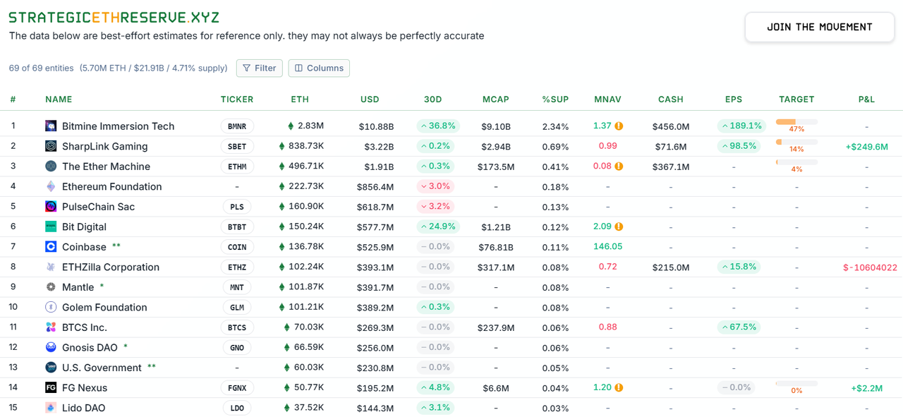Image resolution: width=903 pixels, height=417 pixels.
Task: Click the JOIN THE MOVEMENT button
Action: pyautogui.click(x=820, y=28)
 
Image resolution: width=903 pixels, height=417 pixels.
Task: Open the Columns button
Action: pyautogui.click(x=319, y=68)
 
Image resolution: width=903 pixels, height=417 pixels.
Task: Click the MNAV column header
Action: pyautogui.click(x=607, y=99)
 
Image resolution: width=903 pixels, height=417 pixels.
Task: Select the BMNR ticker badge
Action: pyautogui.click(x=237, y=126)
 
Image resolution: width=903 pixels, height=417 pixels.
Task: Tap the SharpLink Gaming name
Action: pyautogui.click(x=104, y=147)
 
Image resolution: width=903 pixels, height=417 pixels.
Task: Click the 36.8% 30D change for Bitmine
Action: pyautogui.click(x=437, y=126)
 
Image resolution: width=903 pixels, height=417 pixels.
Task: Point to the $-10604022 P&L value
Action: pyautogui.click(x=870, y=267)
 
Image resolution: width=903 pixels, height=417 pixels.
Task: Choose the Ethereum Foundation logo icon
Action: pyautogui.click(x=51, y=187)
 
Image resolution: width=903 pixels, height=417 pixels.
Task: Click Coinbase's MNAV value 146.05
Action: pyautogui.click(x=607, y=247)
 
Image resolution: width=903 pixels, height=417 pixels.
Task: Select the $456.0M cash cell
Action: pyautogui.click(x=670, y=127)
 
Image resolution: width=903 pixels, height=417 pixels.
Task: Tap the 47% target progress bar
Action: pyautogui.click(x=796, y=122)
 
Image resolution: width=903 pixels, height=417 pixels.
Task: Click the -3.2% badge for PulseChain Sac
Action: pyautogui.click(x=437, y=207)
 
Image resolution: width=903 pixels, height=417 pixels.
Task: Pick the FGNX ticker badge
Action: pyautogui.click(x=237, y=388)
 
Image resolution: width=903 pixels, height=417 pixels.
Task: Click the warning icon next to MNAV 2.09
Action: pyautogui.click(x=619, y=227)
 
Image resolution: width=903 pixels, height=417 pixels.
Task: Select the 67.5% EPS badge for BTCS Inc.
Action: pyautogui.click(x=739, y=327)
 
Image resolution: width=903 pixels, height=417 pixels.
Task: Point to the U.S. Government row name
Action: pyautogui.click(x=102, y=368)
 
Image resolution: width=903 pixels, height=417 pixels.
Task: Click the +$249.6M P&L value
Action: pyautogui.click(x=866, y=147)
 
